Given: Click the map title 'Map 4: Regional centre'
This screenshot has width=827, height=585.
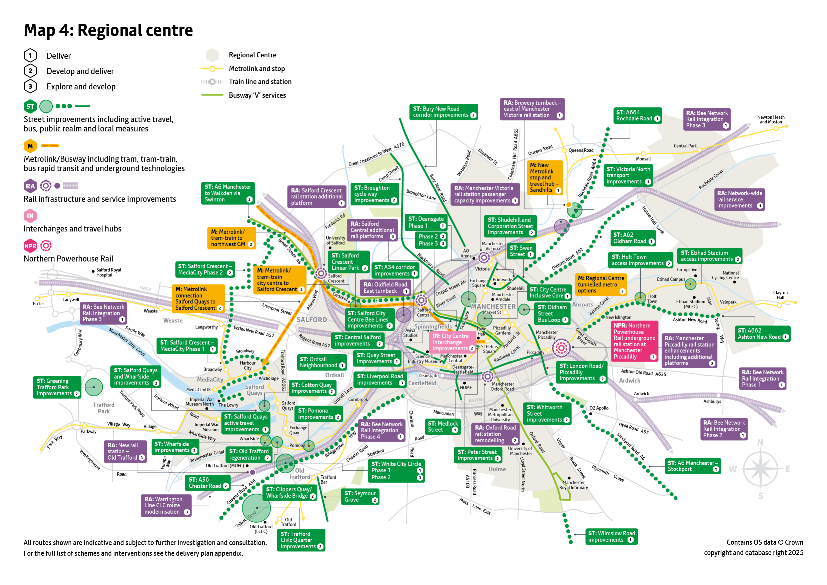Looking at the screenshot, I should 108,30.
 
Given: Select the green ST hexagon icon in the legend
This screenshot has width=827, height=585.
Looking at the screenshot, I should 30,107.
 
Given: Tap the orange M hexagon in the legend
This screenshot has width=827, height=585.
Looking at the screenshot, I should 30,146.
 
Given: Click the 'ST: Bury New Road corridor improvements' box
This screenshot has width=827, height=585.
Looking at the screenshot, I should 444,112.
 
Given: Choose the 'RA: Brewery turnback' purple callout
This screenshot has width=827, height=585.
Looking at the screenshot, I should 532,109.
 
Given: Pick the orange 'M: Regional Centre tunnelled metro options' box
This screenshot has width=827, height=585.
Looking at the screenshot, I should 601,284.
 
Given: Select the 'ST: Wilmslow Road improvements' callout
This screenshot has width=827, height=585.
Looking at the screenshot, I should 611,536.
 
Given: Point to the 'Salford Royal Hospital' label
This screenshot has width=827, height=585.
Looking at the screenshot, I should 108,273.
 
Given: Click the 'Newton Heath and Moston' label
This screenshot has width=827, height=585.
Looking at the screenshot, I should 770,120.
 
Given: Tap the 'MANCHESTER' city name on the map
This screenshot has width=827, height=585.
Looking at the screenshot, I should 493,307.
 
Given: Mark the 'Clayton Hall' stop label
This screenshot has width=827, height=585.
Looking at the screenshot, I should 780,295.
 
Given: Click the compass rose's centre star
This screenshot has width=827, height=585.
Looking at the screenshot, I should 760,469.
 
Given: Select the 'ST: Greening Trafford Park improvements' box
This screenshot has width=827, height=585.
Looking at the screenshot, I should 57,387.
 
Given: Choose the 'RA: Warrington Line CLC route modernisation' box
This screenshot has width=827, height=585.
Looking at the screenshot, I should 166,505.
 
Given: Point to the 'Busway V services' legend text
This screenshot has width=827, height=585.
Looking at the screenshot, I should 257,95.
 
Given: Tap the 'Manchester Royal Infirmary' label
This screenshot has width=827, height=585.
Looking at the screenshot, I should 574,485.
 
